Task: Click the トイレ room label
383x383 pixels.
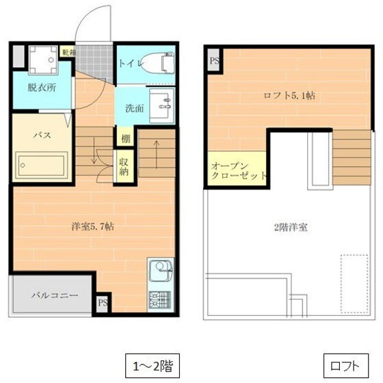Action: pyautogui.click(x=130, y=64)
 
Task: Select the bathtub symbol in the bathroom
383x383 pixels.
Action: pyautogui.click(x=42, y=166)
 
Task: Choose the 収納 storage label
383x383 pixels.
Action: pyautogui.click(x=124, y=168)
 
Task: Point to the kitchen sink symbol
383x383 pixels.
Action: pyautogui.click(x=160, y=272)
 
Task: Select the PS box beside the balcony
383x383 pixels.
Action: pyautogui.click(x=103, y=302)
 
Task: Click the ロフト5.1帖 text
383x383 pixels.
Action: pyautogui.click(x=290, y=96)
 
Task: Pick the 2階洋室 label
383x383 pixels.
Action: pyautogui.click(x=289, y=227)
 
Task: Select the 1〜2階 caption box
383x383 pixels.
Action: pyautogui.click(x=152, y=363)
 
